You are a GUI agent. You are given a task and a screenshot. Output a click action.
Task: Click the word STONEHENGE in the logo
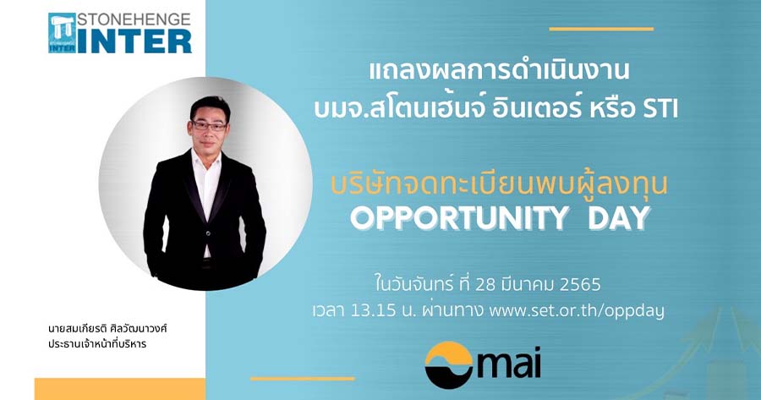[134, 19]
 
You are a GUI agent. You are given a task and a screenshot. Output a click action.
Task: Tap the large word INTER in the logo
[134, 41]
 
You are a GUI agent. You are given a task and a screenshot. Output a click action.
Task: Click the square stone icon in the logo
[62, 32]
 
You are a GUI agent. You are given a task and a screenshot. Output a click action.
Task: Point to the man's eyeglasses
[209, 126]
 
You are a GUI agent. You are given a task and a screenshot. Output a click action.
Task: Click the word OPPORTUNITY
[459, 218]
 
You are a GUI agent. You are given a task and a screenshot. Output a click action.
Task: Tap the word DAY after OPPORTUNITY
[619, 218]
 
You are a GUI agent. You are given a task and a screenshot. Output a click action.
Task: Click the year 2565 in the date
[580, 284]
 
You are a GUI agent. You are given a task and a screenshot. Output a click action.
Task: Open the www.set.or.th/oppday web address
[577, 310]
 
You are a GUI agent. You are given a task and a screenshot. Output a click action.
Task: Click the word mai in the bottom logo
[509, 362]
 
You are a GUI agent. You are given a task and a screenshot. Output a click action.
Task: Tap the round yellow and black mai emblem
[448, 365]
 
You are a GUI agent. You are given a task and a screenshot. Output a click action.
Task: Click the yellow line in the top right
[601, 29]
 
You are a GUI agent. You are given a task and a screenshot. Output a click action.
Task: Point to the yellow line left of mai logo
[303, 379]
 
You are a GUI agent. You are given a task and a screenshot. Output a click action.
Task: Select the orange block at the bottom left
[120, 389]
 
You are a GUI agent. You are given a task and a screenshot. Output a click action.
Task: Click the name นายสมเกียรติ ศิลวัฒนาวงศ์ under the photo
[107, 329]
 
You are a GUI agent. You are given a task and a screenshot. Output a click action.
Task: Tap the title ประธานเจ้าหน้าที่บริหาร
[97, 344]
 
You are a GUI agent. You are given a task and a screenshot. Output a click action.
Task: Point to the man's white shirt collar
[206, 158]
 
